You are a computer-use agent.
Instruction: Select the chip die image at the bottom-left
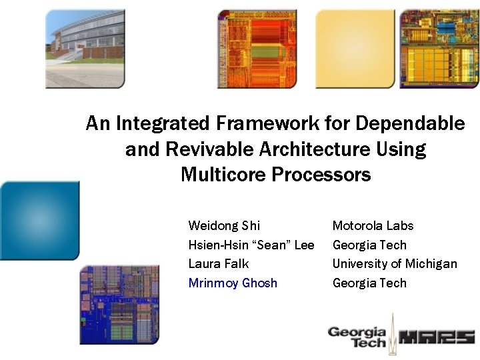tap(119, 304)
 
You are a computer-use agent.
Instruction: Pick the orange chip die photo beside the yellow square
tap(257, 49)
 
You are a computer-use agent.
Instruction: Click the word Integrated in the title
tap(163, 123)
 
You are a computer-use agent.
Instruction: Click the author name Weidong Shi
tap(224, 226)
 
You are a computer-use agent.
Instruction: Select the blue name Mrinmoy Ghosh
tap(233, 283)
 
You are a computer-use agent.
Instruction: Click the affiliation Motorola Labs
tap(373, 226)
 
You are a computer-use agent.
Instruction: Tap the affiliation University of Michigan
tap(395, 263)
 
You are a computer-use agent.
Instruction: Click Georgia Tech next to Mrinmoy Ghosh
tap(369, 283)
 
